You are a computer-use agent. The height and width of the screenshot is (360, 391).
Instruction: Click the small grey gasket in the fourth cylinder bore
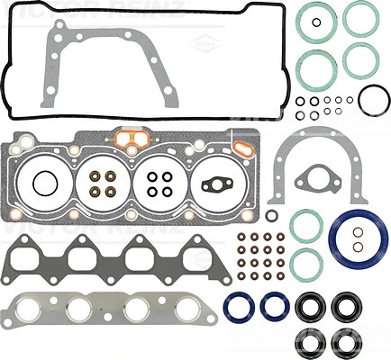click(217, 186)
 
